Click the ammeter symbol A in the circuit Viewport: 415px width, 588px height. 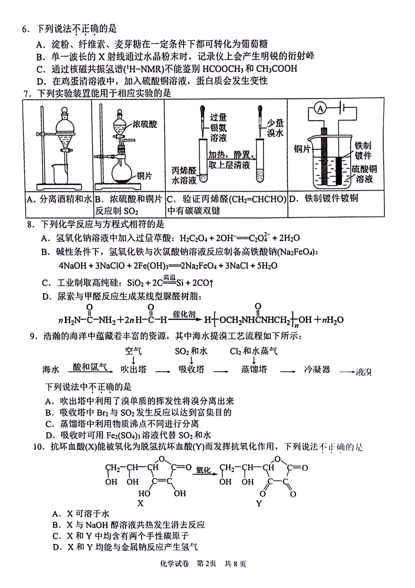coord(320,108)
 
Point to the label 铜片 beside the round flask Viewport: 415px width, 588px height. coord(144,176)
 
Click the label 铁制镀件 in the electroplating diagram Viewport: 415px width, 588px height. coord(363,151)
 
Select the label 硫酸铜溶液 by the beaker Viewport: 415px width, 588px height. coord(364,174)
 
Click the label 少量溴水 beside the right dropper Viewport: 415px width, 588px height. coord(275,128)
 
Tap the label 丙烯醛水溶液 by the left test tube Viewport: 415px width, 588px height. coord(184,175)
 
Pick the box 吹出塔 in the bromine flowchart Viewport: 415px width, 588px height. coord(133,369)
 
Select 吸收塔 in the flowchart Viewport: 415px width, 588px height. coord(191,369)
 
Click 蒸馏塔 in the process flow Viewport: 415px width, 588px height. coord(254,369)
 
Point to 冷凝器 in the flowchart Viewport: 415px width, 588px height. coord(317,369)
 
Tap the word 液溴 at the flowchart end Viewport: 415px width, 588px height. coord(363,372)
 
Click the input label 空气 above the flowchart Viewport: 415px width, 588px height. coord(133,351)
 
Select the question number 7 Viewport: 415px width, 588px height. coord(26,94)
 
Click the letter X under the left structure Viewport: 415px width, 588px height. coord(141,503)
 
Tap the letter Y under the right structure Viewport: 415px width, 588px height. coord(259,503)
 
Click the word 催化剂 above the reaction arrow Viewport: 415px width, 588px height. coord(184,314)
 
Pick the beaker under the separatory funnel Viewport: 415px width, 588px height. coord(60,174)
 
